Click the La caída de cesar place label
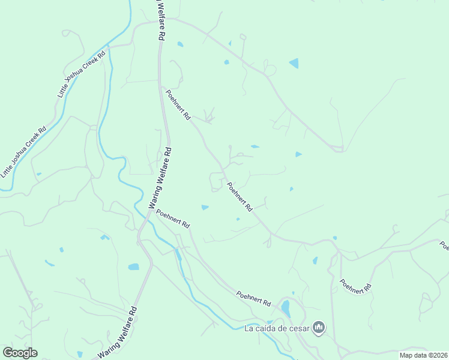pos(277,328)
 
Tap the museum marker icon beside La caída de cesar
pos(319,328)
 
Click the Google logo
pos(20,352)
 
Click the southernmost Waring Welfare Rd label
pos(118,332)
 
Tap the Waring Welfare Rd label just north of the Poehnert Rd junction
pos(160,178)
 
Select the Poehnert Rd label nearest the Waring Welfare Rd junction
pos(173,218)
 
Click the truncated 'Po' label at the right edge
pos(444,245)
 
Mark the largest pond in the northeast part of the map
pos(294,63)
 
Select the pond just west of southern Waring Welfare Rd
pos(133,266)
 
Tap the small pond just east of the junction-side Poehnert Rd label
pos(205,208)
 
